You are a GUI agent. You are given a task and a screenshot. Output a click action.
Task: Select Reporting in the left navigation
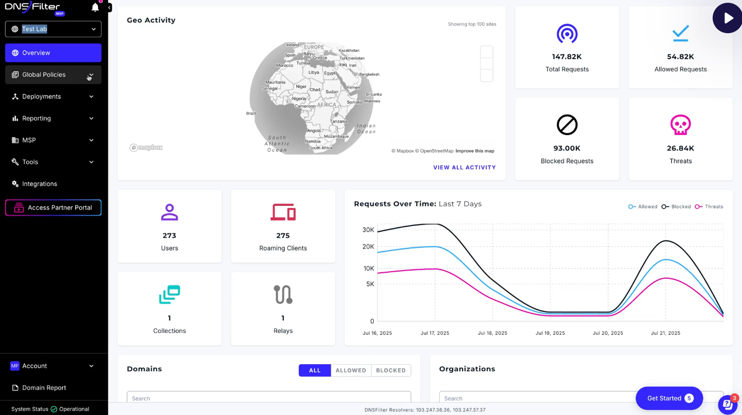pos(37,118)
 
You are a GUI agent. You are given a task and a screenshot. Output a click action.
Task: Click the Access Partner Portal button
pos(53,207)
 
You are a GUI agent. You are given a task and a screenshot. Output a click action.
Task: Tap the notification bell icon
pos(95,8)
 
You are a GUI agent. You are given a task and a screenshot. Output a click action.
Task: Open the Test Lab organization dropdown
pos(53,29)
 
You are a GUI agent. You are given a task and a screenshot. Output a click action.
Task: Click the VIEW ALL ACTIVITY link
pos(464,168)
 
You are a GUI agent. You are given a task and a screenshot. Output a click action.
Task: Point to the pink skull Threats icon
pos(681,125)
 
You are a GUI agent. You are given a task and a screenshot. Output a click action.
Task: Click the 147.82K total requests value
pos(566,56)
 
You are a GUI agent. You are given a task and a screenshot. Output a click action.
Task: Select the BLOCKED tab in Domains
pos(390,370)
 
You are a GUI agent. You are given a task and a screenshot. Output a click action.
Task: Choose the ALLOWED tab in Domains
pos(351,370)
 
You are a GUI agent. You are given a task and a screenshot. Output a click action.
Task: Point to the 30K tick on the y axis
pos(368,230)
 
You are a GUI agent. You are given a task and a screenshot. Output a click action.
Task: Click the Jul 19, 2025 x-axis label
pos(550,333)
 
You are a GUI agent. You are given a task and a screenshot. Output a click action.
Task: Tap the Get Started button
pos(669,398)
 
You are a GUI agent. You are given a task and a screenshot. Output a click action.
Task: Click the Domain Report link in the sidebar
pos(44,388)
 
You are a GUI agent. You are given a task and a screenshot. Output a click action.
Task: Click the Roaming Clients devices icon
pos(283,212)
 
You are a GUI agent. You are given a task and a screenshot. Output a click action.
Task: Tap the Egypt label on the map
pos(329,73)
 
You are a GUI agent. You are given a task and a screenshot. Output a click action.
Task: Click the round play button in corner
pos(726,18)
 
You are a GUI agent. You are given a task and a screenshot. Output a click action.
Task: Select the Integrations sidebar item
pos(39,184)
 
